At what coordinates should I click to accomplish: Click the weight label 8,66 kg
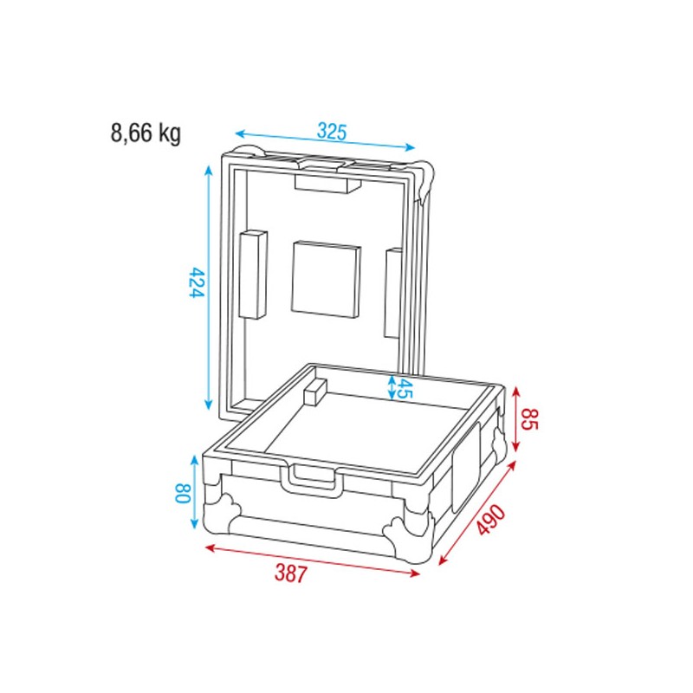pos(146,133)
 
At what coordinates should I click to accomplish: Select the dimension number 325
pos(331,132)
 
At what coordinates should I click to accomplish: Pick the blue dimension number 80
pos(182,495)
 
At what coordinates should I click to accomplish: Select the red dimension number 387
pos(291,573)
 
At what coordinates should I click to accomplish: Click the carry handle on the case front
pos(314,479)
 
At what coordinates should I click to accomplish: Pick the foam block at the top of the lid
pos(327,183)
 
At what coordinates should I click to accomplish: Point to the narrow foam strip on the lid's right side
pos(392,293)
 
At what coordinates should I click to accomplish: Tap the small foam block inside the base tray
pos(314,392)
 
